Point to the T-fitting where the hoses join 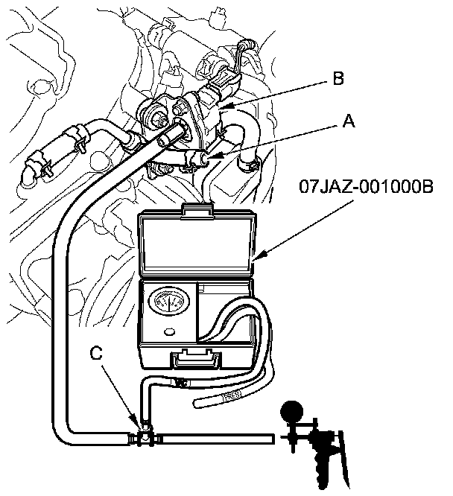coord(143,435)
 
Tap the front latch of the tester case coord(197,360)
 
